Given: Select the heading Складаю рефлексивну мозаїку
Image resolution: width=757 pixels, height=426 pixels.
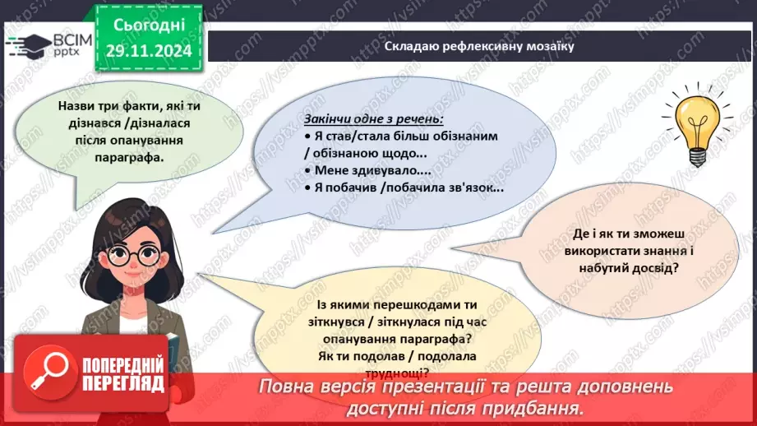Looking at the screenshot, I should (478, 46).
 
